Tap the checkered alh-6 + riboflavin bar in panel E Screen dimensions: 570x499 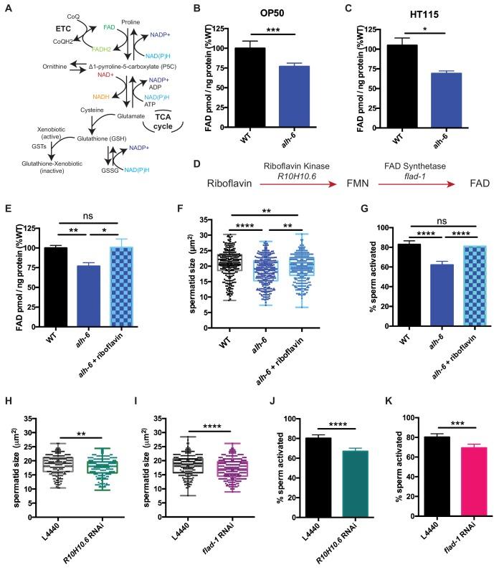114,277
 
